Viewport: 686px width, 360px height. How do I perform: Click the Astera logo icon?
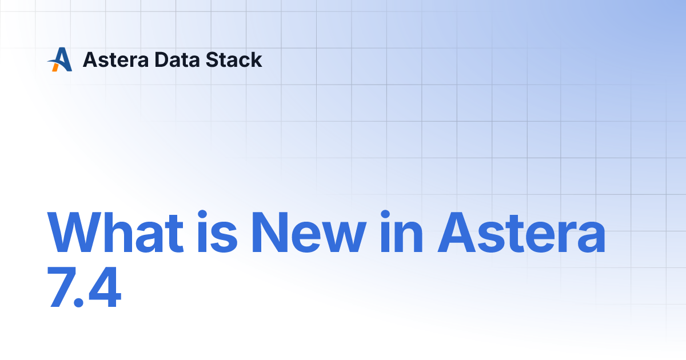coord(60,59)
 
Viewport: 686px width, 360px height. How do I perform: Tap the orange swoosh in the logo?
coord(55,67)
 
